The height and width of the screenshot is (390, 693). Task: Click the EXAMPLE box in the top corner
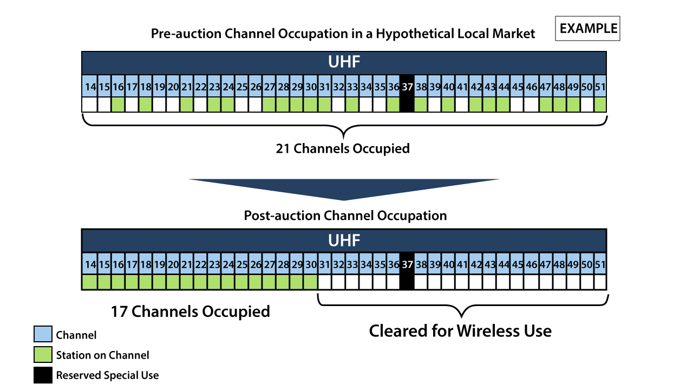pos(587,29)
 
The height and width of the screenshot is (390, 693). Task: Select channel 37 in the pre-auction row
pos(407,87)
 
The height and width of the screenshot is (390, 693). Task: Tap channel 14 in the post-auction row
pos(90,264)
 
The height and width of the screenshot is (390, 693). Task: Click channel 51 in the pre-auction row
pos(600,87)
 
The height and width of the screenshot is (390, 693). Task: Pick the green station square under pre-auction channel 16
pos(118,105)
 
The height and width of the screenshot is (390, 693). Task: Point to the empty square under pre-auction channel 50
pos(587,105)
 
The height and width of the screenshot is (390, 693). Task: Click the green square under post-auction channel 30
pos(311,282)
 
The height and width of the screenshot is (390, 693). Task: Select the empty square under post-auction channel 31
pos(324,282)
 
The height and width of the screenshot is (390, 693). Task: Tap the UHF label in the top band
pos(344,62)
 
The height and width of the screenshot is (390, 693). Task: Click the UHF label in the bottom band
pos(344,240)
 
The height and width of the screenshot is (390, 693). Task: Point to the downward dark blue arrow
pos(344,190)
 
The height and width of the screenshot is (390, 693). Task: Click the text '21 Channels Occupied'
pos(343,148)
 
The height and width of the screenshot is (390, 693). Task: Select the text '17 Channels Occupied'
pos(190,311)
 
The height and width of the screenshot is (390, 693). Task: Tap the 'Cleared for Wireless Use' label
pos(460,331)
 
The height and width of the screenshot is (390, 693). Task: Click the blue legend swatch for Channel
pos(43,334)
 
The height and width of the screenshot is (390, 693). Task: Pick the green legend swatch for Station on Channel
pos(43,354)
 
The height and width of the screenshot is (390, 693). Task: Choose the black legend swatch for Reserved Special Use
pos(43,375)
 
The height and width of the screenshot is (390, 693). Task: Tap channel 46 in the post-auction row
pos(532,264)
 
